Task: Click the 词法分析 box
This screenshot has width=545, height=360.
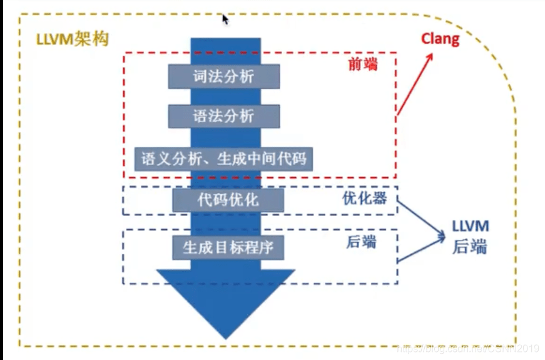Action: pyautogui.click(x=223, y=76)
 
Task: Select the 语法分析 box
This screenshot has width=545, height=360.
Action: pyautogui.click(x=223, y=116)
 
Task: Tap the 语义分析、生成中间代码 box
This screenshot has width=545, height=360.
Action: pyautogui.click(x=223, y=158)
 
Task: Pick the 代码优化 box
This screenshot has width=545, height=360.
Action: pyautogui.click(x=228, y=200)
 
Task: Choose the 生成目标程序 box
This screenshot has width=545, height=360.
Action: pyautogui.click(x=228, y=247)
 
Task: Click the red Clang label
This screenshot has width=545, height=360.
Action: pyautogui.click(x=440, y=39)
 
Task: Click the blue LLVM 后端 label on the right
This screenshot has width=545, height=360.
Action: pyautogui.click(x=470, y=237)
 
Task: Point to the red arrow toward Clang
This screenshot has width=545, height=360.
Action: pyautogui.click(x=414, y=85)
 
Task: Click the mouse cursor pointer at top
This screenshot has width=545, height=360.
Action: pyautogui.click(x=225, y=19)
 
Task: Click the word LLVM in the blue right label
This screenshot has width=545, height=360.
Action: pyautogui.click(x=470, y=227)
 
